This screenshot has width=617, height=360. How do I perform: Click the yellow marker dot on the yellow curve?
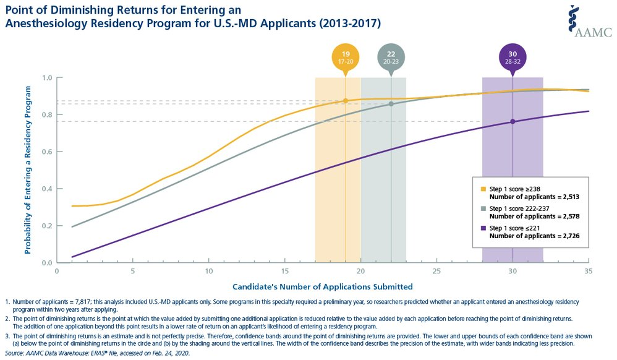[x=346, y=101]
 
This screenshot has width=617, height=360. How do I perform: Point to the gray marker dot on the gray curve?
[x=391, y=104]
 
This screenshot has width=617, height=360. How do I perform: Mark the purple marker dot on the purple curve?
[x=513, y=121]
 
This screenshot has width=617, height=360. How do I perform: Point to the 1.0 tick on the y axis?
[x=46, y=78]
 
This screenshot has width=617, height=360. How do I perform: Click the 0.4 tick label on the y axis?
[x=46, y=189]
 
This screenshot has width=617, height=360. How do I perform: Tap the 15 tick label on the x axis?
[x=284, y=271]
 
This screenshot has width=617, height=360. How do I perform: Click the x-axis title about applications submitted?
[x=322, y=286]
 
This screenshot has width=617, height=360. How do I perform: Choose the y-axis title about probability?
[x=27, y=169]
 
